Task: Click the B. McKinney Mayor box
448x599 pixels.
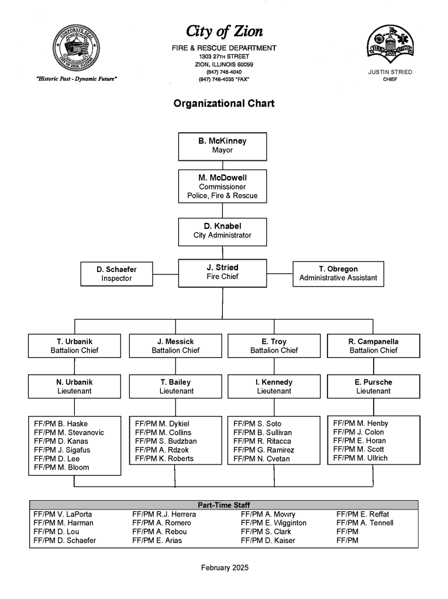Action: pos(222,146)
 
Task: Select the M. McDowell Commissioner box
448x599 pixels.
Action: pos(222,186)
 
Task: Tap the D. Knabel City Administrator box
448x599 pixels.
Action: pos(222,232)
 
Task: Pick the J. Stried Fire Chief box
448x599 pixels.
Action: pos(222,273)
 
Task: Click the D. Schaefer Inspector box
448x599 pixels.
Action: pos(116,274)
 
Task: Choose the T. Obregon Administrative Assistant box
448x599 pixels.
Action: pos(338,274)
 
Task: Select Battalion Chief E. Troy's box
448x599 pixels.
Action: pos(274,346)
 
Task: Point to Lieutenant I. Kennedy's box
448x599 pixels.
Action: pos(274,386)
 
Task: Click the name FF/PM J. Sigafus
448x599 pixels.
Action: pos(62,450)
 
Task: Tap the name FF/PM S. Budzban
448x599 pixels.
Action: pos(166,441)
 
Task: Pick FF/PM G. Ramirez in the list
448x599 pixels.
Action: pos(264,450)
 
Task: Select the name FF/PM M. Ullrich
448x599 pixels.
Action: pos(360,458)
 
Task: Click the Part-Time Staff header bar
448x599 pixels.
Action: pos(224,505)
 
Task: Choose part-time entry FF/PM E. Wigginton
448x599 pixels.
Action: pos(274,523)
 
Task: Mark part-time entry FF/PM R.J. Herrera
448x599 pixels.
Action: pos(164,514)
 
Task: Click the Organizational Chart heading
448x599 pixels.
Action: pos(224,104)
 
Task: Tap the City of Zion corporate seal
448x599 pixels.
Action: pos(76,49)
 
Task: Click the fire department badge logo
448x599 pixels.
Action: pos(390,44)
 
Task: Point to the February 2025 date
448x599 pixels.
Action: pos(225,567)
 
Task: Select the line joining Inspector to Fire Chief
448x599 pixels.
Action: pos(166,274)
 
